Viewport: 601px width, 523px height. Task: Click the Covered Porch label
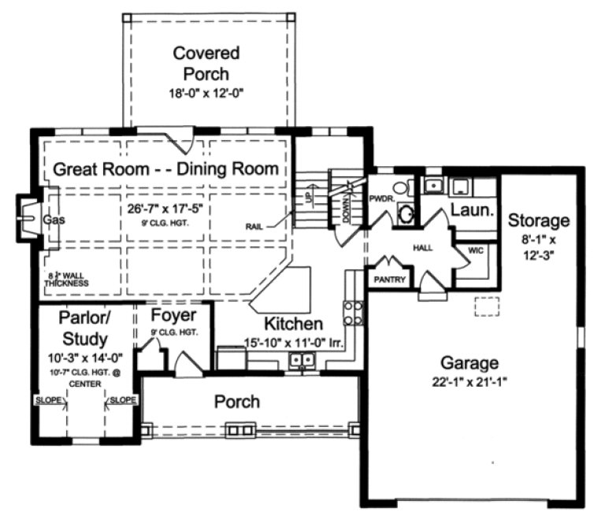206,64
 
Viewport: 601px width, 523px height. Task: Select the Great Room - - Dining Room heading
165,169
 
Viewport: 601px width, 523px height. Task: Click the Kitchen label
293,324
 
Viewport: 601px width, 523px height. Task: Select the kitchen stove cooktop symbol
354,313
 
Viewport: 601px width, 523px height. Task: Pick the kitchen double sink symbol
301,361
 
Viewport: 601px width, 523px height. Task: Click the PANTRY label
390,280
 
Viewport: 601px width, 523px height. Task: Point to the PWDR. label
381,199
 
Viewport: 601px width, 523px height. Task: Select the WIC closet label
477,250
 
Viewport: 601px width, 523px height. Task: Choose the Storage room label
538,220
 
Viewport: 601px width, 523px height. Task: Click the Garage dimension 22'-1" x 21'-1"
469,384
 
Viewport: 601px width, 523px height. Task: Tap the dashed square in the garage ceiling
486,308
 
